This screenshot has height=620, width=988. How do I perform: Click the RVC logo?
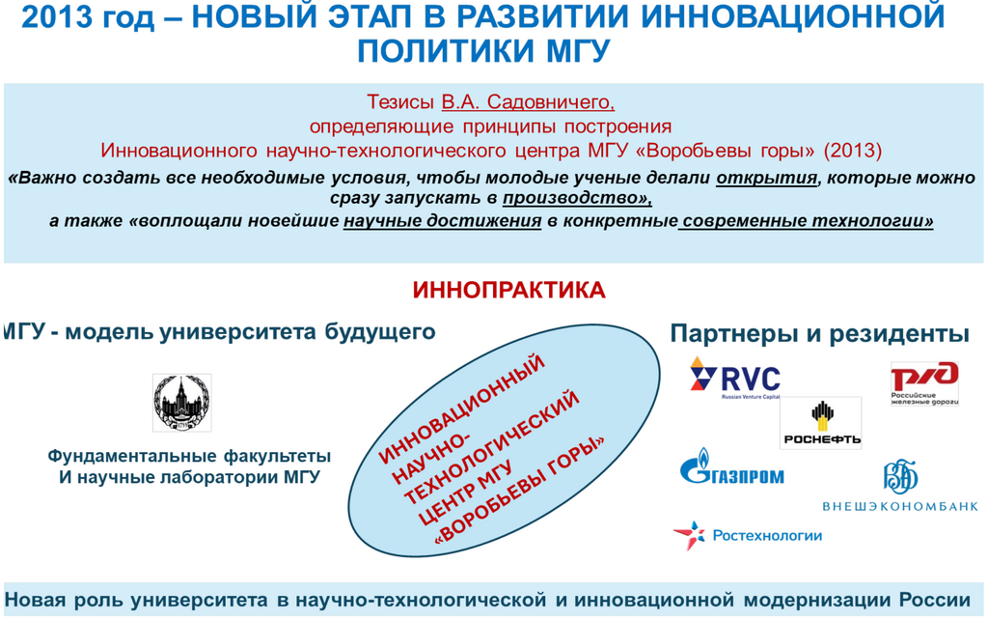[735, 378]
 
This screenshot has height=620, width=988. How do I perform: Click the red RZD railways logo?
[924, 382]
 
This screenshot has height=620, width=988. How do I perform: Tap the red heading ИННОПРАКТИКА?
[508, 290]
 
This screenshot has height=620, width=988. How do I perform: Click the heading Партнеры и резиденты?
[819, 334]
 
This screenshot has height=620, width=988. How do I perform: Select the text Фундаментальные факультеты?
[189, 456]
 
